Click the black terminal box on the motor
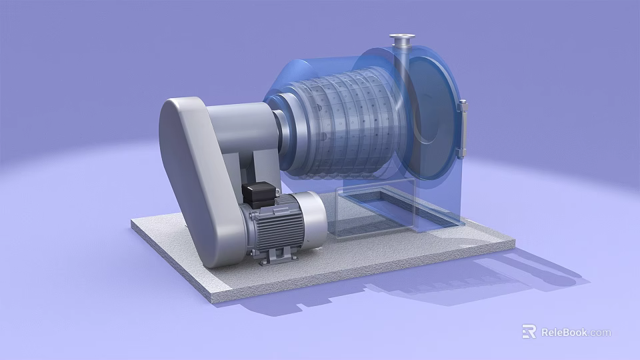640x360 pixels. click(259, 195)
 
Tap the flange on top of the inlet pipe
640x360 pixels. click(403, 37)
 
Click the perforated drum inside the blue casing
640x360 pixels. click(347, 127)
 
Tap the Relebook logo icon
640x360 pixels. click(529, 331)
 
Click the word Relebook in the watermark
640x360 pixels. click(564, 332)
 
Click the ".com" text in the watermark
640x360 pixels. click(600, 332)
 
